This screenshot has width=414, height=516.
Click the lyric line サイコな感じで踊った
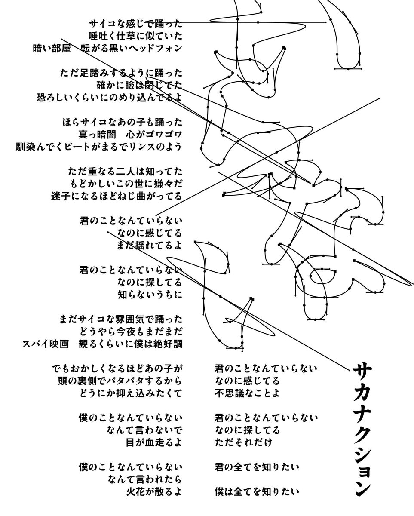[x=135, y=23]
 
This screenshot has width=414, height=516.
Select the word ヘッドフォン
[x=159, y=48]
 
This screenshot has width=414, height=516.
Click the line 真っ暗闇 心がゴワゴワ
[x=130, y=134]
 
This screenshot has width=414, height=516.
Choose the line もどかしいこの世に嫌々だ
[x=125, y=184]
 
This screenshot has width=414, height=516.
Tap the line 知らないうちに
[x=150, y=295]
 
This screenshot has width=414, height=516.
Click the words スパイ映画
[x=46, y=344]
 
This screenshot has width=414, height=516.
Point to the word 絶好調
[x=169, y=344]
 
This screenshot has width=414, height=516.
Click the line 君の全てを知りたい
[x=257, y=467]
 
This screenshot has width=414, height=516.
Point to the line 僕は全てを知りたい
[x=257, y=491]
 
